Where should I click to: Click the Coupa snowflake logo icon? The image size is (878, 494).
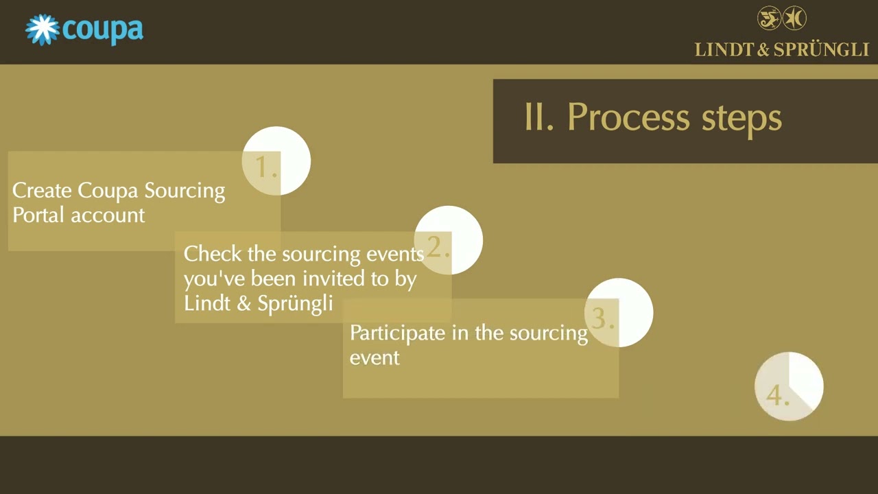click(43, 30)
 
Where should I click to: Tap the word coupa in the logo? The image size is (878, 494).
click(103, 31)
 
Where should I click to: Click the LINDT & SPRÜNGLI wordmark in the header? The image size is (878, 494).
click(782, 50)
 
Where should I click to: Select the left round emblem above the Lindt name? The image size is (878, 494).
click(769, 18)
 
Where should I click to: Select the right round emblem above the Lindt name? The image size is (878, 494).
click(794, 18)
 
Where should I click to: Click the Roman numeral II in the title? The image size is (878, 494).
click(538, 117)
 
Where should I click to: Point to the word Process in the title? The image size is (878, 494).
click(628, 117)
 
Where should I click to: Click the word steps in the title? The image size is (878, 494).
click(741, 119)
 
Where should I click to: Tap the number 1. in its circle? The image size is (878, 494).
click(266, 167)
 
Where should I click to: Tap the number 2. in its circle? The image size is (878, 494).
click(438, 246)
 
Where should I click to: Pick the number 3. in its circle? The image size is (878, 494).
click(602, 318)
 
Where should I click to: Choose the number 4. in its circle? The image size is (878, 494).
click(778, 395)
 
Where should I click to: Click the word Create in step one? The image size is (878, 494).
click(42, 191)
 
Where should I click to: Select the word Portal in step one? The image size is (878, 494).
click(38, 215)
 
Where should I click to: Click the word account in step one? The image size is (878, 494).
click(108, 215)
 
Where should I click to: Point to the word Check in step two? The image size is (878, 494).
click(213, 254)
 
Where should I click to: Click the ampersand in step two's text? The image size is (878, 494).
click(244, 303)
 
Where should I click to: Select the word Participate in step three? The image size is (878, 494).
click(397, 333)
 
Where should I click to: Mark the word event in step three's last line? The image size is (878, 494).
click(375, 358)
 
